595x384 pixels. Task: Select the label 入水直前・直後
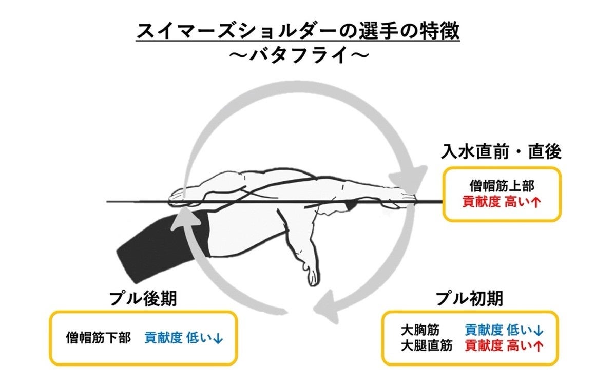pyautogui.click(x=501, y=151)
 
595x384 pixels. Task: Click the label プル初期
pyautogui.click(x=469, y=298)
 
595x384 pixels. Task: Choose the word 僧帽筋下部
pyautogui.click(x=99, y=338)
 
